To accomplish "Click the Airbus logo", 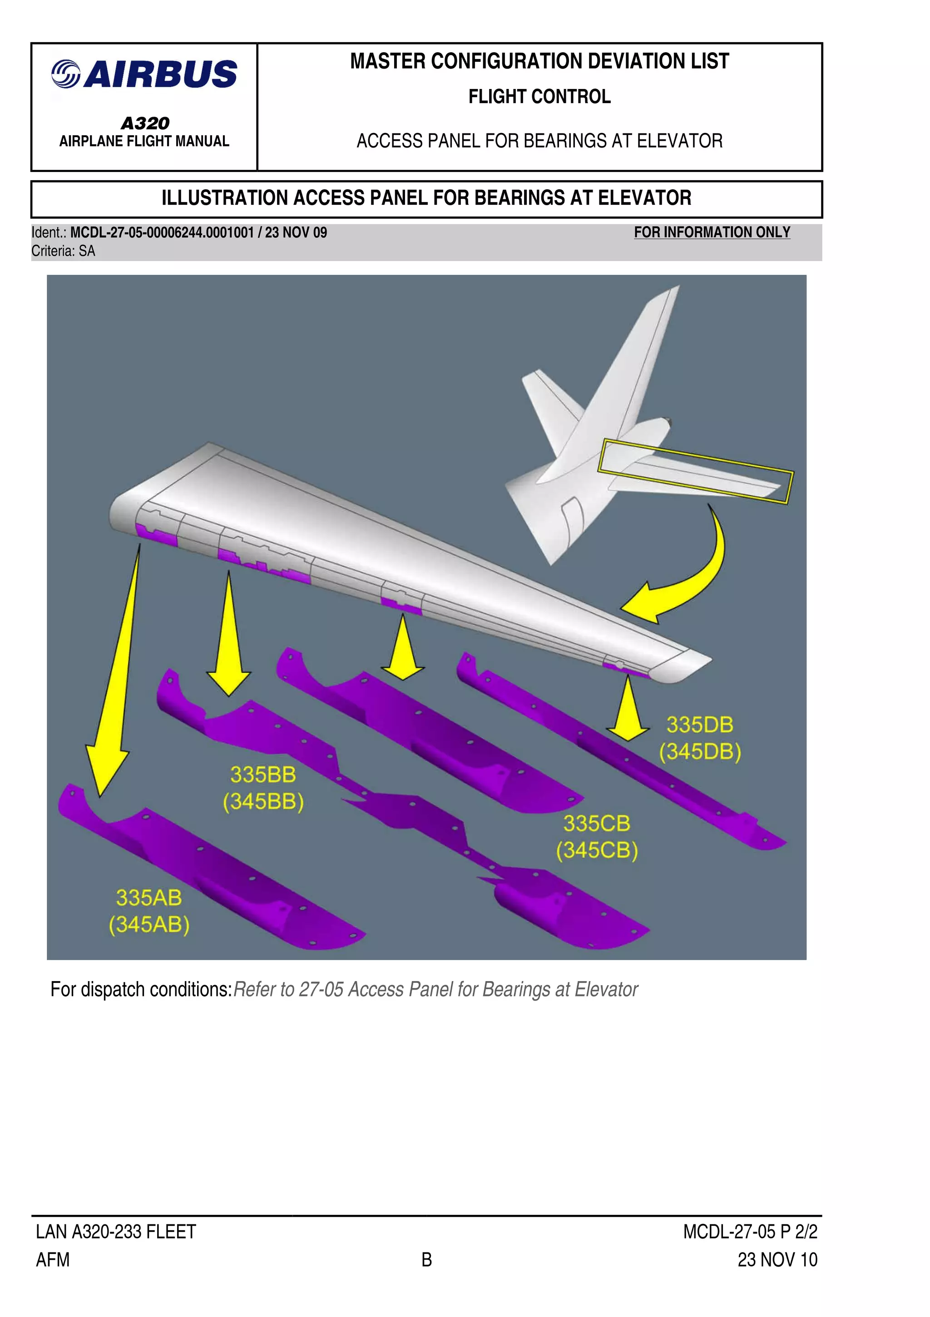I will pos(144,74).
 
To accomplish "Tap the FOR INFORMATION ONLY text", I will pos(712,232).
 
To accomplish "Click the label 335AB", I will pos(148,898).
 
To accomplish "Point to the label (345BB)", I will pos(263,801).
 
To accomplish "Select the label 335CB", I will pos(596,824).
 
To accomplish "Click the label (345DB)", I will pos(699,751).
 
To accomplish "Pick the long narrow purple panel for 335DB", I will pos(631,757).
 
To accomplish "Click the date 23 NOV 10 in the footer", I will pos(777,1260).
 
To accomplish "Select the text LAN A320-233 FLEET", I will pos(116,1232).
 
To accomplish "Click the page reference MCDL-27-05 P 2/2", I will pos(749,1232).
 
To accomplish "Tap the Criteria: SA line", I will pos(63,251).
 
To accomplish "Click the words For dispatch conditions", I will pos(141,990).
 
